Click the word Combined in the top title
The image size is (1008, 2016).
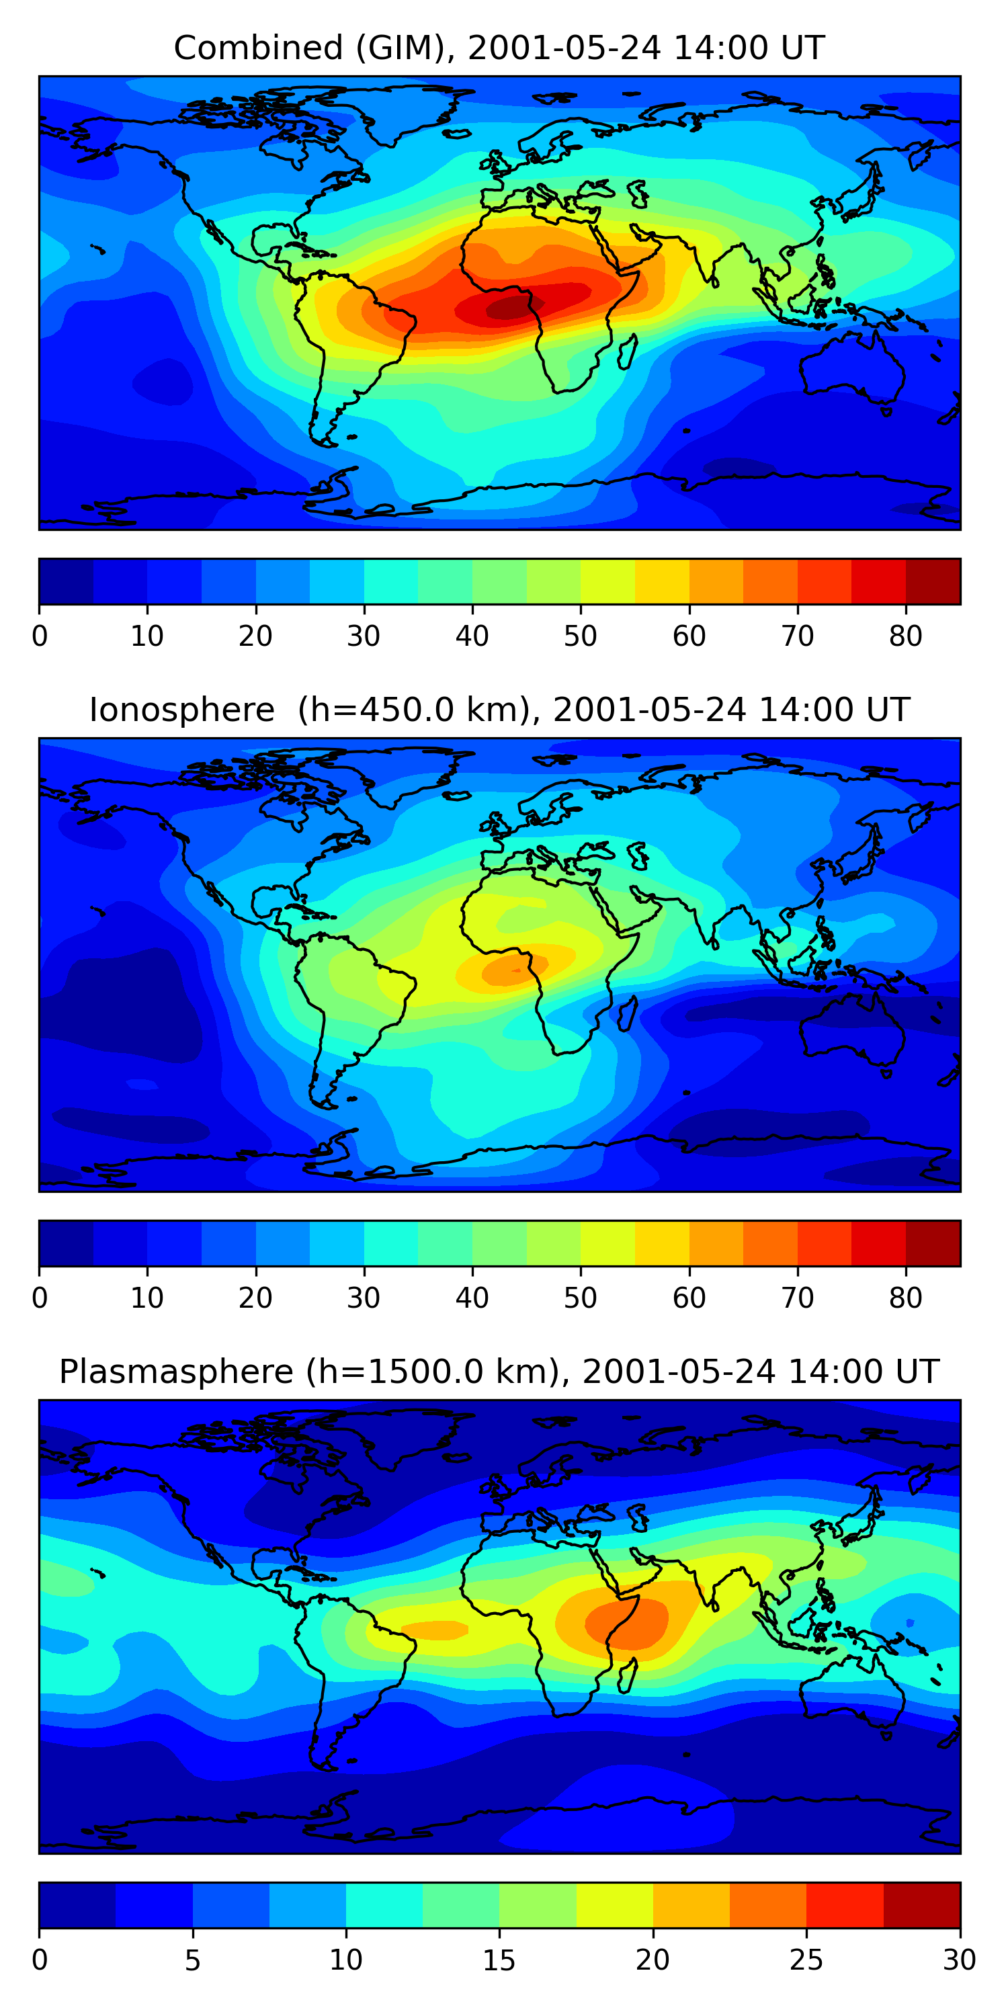click(x=258, y=48)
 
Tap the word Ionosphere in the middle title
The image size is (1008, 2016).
click(x=181, y=710)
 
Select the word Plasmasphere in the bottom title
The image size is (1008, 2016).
click(x=176, y=1372)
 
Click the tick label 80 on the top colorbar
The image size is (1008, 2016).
click(x=905, y=637)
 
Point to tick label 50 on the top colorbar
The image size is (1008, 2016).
click(x=580, y=637)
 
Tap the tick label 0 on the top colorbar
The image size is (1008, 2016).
click(x=40, y=637)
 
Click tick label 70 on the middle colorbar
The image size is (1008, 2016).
click(x=797, y=1298)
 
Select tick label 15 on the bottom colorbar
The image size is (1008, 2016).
click(x=499, y=1960)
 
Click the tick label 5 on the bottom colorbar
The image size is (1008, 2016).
click(x=192, y=1960)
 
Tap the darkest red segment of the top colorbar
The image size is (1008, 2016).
click(x=933, y=581)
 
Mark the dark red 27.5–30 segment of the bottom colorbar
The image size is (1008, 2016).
click(x=922, y=1905)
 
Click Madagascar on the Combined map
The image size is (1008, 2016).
click(x=626, y=352)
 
